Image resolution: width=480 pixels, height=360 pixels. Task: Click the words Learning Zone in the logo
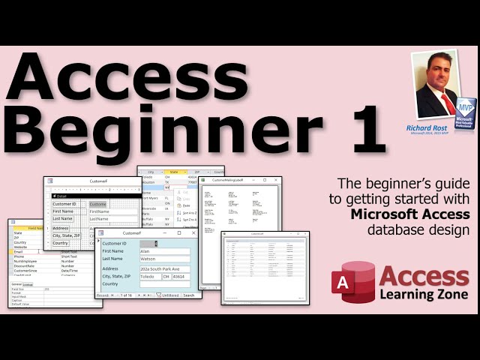(x=424, y=294)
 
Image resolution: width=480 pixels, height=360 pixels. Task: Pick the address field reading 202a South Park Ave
(x=165, y=268)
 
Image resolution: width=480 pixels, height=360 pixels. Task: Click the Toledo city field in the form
(x=150, y=277)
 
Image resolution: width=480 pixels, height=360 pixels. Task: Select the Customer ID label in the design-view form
(x=64, y=204)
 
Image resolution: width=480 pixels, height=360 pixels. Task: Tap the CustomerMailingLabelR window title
(x=234, y=180)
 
